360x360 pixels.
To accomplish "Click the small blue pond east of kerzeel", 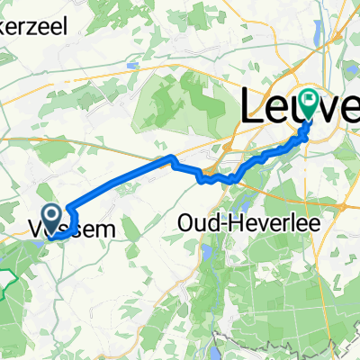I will coord(133,65).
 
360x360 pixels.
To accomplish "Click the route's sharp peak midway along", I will coord(170,158).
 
